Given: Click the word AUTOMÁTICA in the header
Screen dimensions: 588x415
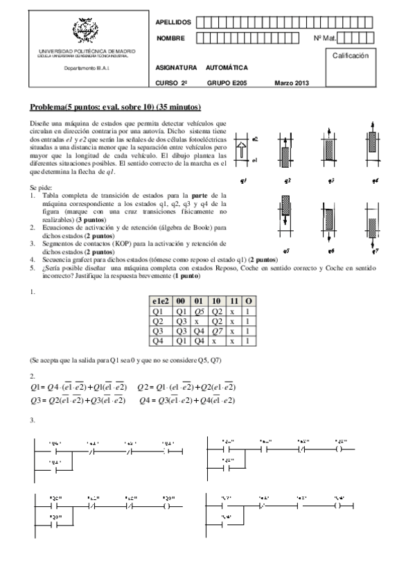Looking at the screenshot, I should click(x=227, y=68).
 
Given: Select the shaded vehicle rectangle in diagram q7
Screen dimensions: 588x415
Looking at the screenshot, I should click(x=373, y=227).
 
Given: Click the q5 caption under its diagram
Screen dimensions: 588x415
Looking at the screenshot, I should click(x=285, y=250).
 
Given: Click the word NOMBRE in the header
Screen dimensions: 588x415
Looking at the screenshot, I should click(x=170, y=38).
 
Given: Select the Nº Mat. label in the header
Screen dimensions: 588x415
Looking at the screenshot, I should click(x=324, y=38).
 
